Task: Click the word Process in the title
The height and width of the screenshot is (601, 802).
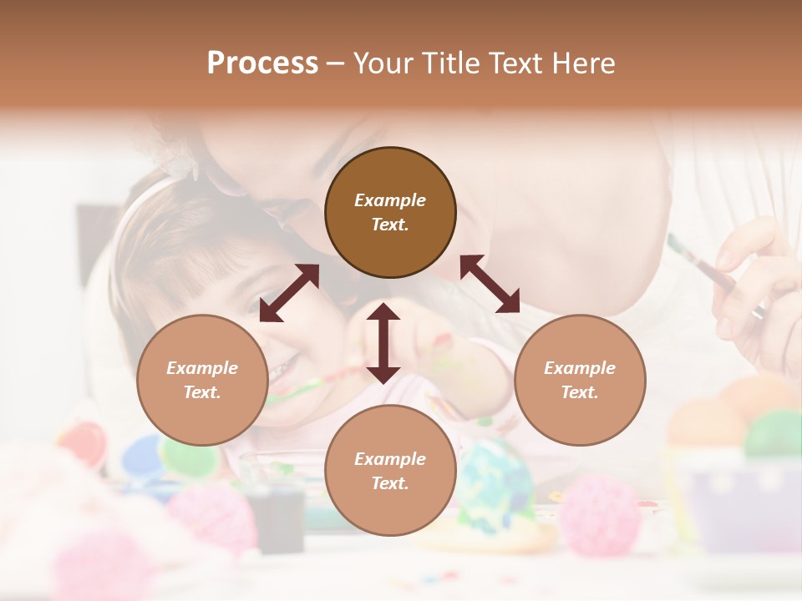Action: click(262, 63)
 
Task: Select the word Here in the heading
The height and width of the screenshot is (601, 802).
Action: click(584, 63)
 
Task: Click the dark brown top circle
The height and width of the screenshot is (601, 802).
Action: click(390, 212)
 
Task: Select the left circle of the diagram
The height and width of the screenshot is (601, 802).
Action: click(202, 380)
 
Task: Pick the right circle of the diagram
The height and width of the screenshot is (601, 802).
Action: click(580, 380)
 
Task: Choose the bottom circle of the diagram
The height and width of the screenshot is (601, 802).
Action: click(390, 471)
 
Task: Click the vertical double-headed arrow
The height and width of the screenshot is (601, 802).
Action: click(383, 343)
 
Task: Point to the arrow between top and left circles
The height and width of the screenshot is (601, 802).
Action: click(289, 293)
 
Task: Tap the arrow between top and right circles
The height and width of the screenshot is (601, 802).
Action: click(490, 284)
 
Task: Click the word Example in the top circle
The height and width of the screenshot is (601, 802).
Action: click(390, 200)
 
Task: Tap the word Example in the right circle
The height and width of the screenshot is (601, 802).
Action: click(580, 368)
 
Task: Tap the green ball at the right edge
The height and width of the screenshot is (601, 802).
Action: click(774, 432)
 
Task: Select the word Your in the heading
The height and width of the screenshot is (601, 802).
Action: click(383, 63)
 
